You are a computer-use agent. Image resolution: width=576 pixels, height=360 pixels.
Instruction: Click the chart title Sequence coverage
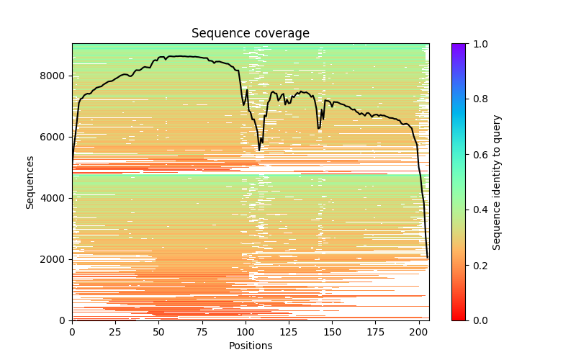tap(250, 33)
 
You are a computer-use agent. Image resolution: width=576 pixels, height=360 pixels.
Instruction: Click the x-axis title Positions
tap(250, 346)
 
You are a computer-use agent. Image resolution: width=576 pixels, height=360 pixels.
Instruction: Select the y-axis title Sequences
tap(30, 181)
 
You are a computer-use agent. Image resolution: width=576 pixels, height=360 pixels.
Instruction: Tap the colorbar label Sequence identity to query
tap(497, 181)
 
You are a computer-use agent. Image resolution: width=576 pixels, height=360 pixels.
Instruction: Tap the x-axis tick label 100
tap(246, 331)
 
